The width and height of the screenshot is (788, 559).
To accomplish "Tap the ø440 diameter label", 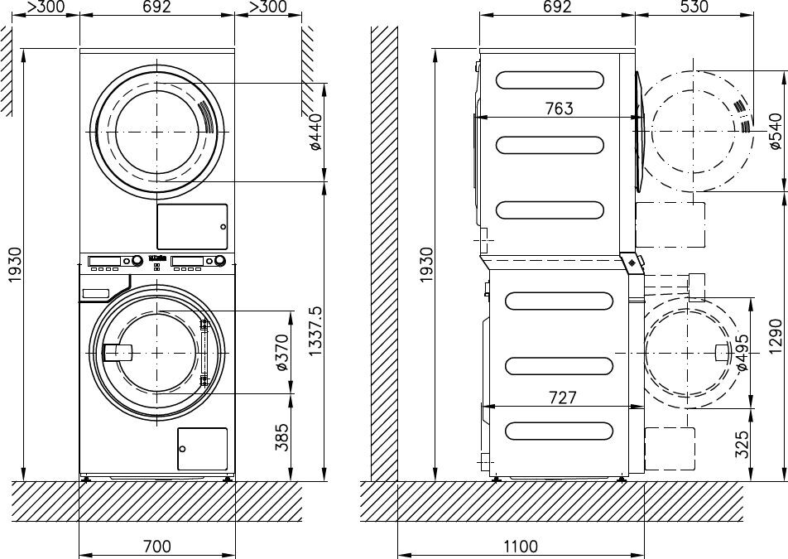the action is point(315,132).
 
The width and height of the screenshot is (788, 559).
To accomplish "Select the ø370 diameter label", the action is point(282,353).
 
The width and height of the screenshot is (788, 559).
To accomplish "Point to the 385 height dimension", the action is point(282,436).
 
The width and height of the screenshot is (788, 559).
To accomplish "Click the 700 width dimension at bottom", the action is point(157,546).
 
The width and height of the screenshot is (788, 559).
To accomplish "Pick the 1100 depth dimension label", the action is point(521,546).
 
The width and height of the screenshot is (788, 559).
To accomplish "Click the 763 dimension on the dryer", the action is point(559,108).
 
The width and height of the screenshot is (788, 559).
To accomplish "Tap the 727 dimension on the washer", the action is point(562,398).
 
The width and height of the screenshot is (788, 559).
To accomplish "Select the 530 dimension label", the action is point(694,7).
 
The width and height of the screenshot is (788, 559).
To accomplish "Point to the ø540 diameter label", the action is point(775,132).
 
